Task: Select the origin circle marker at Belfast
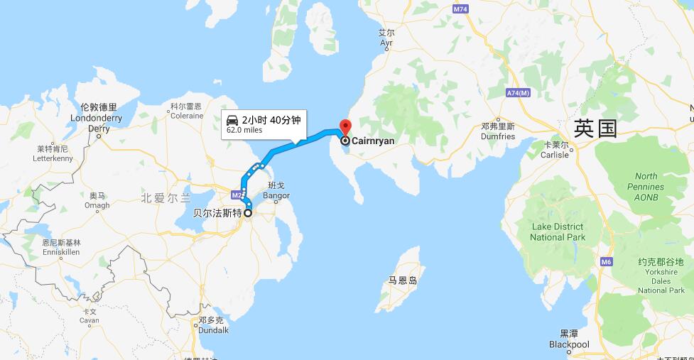(x=248, y=212)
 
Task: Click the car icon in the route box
(x=232, y=119)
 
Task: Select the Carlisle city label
(x=555, y=154)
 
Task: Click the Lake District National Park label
(x=558, y=231)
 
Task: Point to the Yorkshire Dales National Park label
(x=661, y=276)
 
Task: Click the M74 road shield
(x=460, y=9)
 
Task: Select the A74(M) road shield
(x=519, y=93)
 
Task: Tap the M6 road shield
(x=606, y=262)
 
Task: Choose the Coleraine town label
(x=187, y=111)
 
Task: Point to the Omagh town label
(x=97, y=201)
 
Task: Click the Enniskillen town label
(x=61, y=247)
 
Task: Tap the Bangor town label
(x=276, y=190)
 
